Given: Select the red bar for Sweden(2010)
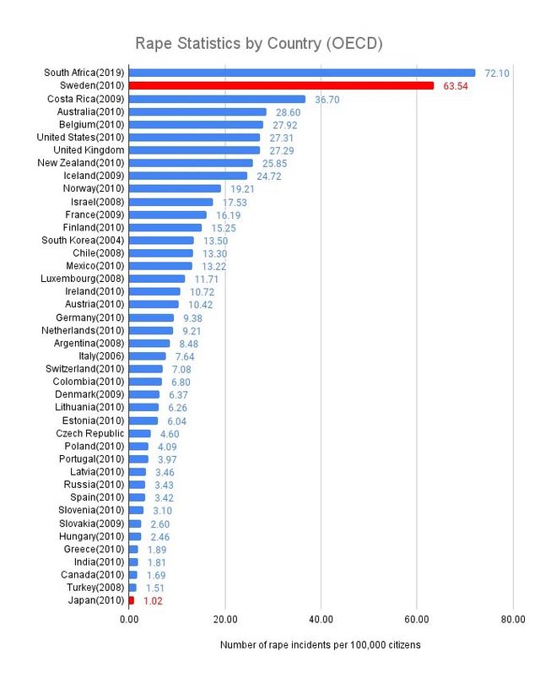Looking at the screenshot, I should pos(281,85).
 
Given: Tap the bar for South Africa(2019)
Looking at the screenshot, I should pos(301,73).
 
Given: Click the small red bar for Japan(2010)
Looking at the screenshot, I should pos(131,600).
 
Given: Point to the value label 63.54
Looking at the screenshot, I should pos(456,86).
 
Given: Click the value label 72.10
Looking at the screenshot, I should pos(496,73).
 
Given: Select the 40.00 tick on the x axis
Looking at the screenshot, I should pos(321,619).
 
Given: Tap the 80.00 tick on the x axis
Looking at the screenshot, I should pos(512,619).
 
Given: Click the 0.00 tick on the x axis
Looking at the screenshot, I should pos(128,619).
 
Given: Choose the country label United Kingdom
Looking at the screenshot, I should pos(89,149).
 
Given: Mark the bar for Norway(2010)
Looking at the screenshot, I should pos(175,188).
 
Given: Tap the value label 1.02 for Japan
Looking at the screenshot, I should pos(152,601).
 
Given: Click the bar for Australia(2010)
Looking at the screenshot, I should pos(197,111).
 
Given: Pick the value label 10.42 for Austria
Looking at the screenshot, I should pos(196,304).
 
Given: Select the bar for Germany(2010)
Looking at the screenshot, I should pos(151,317).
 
